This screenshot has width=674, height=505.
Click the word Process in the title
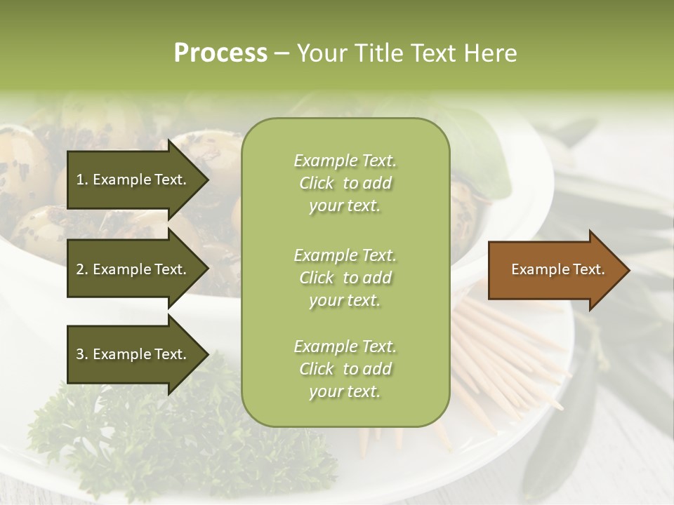(220, 53)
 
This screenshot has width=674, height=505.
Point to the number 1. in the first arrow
(82, 180)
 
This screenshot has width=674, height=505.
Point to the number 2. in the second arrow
(82, 269)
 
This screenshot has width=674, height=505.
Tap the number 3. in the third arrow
(82, 354)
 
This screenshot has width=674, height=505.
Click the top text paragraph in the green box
(345, 183)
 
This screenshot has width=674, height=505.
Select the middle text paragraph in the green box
(345, 278)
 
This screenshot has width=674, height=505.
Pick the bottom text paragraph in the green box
(345, 369)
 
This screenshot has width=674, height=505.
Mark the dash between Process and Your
(282, 53)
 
